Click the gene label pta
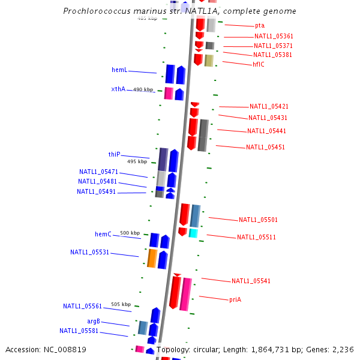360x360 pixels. [259, 26]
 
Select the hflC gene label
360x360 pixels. [258, 64]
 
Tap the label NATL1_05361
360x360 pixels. [273, 37]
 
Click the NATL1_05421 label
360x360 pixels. [269, 107]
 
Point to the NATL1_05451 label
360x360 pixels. [265, 148]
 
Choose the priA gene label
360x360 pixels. [235, 299]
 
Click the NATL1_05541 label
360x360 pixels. [251, 281]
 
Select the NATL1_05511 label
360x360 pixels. [256, 238]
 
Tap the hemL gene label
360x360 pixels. [119, 70]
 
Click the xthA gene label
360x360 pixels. [118, 89]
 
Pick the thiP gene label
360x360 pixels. [114, 155]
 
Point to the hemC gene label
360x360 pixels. [103, 234]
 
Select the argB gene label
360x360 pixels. [93, 322]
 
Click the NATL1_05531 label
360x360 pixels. [89, 253]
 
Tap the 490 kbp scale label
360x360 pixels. [143, 89]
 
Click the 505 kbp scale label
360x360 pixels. [121, 304]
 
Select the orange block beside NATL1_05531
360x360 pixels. [152, 258]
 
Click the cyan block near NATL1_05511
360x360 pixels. [193, 233]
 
